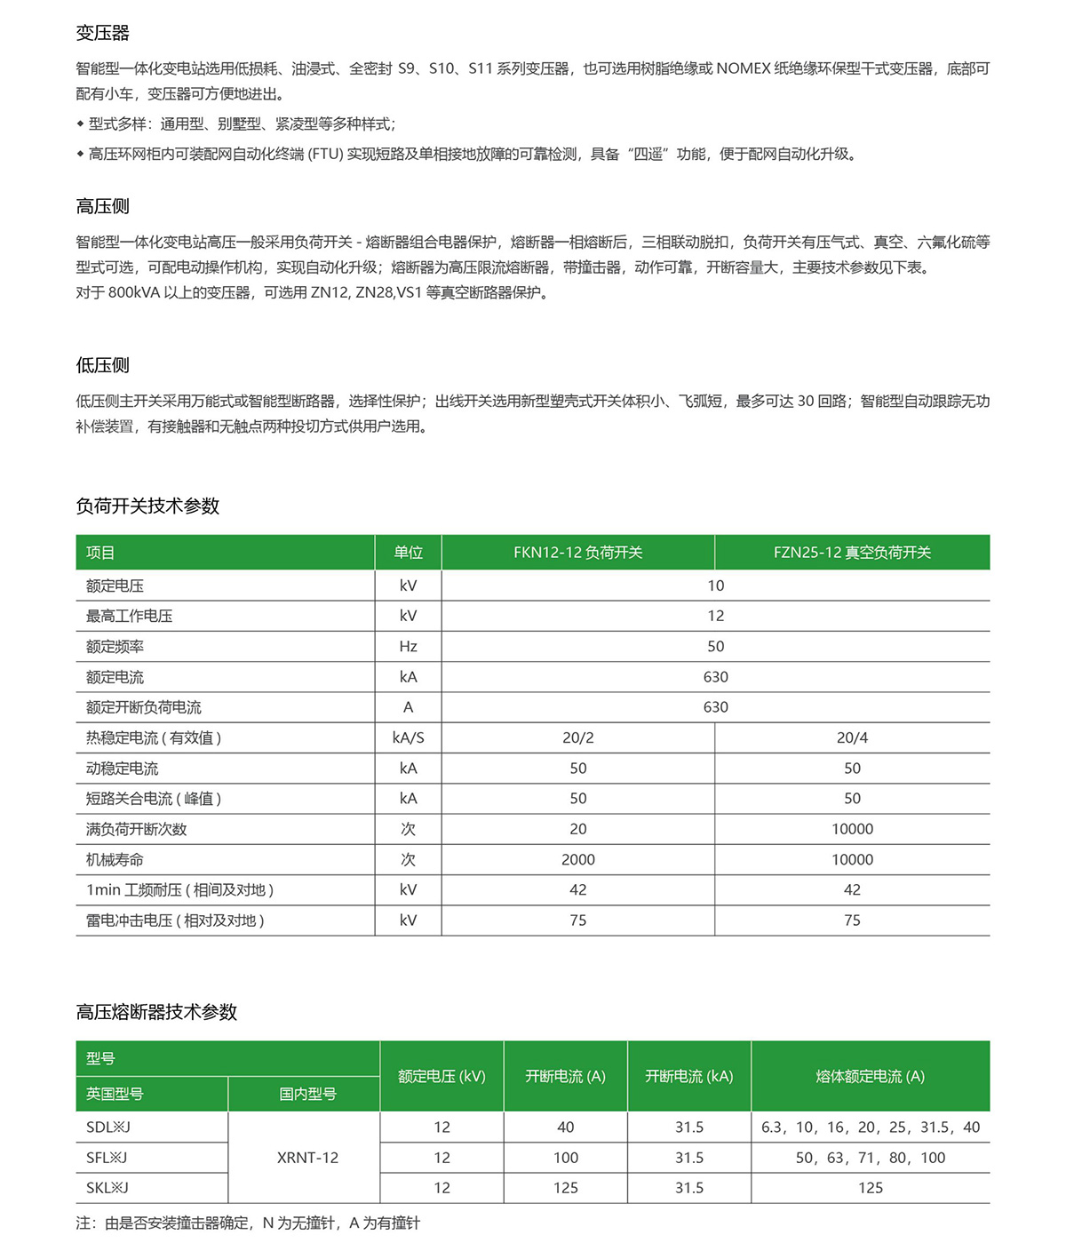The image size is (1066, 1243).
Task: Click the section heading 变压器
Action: pyautogui.click(x=103, y=33)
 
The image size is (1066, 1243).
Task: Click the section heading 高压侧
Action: pyautogui.click(x=103, y=206)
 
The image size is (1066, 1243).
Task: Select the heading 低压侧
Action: pyautogui.click(x=103, y=365)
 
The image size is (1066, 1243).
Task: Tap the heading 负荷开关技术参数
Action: pyautogui.click(x=147, y=506)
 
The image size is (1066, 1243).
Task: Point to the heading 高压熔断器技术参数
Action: pyautogui.click(x=156, y=1012)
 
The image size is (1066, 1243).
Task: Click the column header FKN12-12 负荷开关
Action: pyautogui.click(x=577, y=553)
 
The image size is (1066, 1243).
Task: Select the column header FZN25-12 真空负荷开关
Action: pyautogui.click(x=852, y=553)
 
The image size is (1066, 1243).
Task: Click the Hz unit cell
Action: pyautogui.click(x=408, y=647)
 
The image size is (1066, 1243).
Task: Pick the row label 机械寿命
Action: pyautogui.click(x=115, y=859)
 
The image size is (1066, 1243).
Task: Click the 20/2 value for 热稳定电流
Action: pyautogui.click(x=577, y=737)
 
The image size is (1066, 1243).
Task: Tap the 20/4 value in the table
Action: pyautogui.click(x=852, y=737)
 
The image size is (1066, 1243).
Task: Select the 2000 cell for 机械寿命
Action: pyautogui.click(x=577, y=859)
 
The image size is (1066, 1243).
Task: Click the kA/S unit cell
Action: pyautogui.click(x=408, y=737)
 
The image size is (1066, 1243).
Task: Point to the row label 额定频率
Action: pyautogui.click(x=115, y=647)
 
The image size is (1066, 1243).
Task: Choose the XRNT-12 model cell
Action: pyautogui.click(x=307, y=1158)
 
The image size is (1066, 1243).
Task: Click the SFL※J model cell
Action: pyautogui.click(x=107, y=1158)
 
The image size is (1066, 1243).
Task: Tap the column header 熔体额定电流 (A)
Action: pyautogui.click(x=870, y=1076)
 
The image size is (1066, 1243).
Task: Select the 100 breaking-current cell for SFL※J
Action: pyautogui.click(x=565, y=1158)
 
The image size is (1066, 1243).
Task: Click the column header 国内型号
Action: pyautogui.click(x=307, y=1094)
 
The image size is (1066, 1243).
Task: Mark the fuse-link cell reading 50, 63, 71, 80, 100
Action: pyautogui.click(x=870, y=1158)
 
